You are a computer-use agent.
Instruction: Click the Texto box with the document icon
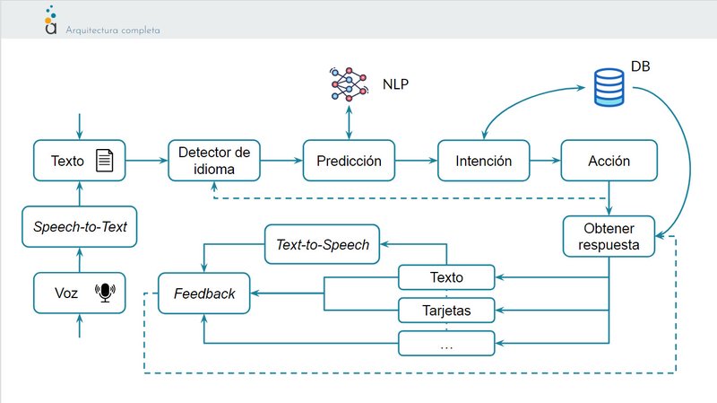80,162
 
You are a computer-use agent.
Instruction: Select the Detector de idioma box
213,162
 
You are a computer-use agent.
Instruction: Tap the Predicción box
349,162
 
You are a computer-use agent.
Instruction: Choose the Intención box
483,162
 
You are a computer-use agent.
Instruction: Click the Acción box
609,162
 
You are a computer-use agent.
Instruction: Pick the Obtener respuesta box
609,235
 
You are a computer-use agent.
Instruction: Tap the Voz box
80,293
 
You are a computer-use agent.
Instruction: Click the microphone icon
107,293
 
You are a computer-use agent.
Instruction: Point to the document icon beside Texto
105,162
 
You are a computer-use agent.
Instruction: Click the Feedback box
204,293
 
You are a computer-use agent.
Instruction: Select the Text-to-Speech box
322,244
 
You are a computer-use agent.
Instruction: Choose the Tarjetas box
446,311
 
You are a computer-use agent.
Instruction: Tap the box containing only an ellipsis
446,343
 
